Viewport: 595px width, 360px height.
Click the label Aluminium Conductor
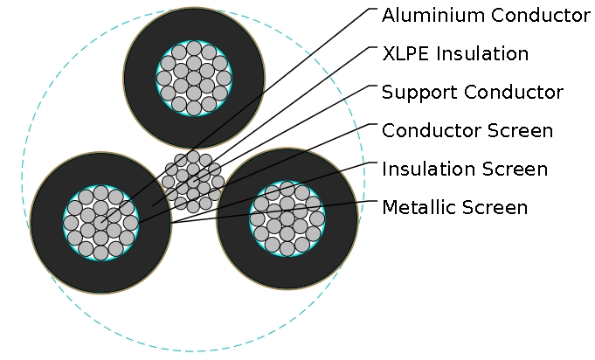pos(486,16)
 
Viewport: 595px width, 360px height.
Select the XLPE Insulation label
pos(455,54)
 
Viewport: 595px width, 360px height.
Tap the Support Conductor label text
pos(473,93)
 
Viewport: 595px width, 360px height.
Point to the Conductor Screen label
pos(467,131)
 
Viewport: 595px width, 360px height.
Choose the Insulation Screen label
pos(465,170)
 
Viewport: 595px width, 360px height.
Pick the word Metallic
pos(413,208)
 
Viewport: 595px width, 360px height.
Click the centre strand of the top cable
pos(194,78)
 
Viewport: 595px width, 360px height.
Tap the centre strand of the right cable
pos(287,218)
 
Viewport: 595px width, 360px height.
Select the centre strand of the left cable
pos(100,223)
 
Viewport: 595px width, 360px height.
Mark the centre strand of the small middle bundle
pos(193,182)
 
